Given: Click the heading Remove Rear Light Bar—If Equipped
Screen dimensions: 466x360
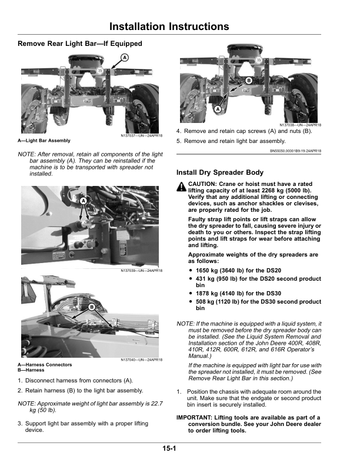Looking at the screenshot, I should click(80, 44).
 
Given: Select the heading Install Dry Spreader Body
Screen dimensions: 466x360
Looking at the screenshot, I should click(220, 173).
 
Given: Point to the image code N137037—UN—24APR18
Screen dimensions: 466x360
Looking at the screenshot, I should click(141, 137).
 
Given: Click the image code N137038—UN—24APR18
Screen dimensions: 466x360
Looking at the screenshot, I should click(301, 125).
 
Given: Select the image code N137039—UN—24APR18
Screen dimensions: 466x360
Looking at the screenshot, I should click(141, 271).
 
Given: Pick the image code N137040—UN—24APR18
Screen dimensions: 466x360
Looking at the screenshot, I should click(141, 360).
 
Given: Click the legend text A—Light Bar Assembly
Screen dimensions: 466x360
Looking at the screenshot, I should click(44, 141).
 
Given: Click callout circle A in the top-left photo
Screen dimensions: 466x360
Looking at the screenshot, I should click(125, 57).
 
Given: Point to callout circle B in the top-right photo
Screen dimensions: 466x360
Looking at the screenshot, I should click(249, 79).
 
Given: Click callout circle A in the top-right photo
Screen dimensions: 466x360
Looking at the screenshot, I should click(218, 110).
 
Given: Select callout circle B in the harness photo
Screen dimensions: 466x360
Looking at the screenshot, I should click(92, 307).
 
